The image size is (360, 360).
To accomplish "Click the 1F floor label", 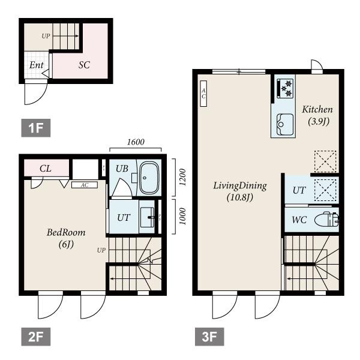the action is [x=36, y=128].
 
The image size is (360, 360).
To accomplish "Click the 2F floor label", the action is [x=36, y=337].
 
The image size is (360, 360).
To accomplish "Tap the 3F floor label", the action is [x=209, y=337].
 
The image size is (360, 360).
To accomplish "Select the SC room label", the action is [x=84, y=65].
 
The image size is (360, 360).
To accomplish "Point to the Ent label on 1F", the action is [x=37, y=65].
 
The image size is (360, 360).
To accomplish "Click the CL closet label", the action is [x=46, y=169].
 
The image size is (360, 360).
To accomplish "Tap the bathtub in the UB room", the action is [x=149, y=178].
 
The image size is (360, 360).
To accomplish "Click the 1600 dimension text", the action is [x=136, y=142].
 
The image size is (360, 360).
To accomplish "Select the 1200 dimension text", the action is [x=182, y=177].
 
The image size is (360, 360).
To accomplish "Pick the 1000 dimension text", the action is [x=182, y=216].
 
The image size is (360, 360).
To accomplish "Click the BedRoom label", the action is [x=66, y=232].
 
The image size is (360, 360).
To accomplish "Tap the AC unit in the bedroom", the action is [x=85, y=185].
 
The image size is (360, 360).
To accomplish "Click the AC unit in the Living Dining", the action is [x=203, y=94].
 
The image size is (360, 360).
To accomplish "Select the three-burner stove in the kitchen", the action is [x=284, y=88].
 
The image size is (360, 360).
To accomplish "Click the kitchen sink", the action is [x=285, y=124].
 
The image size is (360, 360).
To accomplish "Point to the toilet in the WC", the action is [x=326, y=220].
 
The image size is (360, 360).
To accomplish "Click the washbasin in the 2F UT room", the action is [x=147, y=217].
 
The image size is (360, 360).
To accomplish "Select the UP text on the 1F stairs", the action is [x=46, y=36].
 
